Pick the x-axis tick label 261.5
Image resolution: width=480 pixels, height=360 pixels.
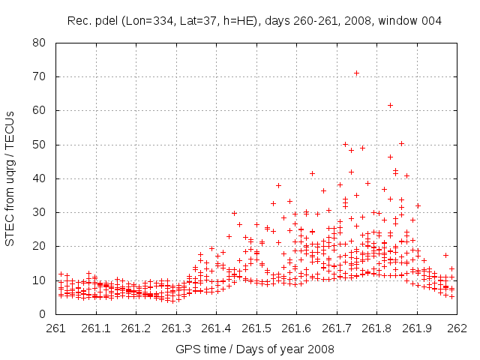point(256,328)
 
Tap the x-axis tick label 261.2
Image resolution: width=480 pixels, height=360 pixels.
point(136,328)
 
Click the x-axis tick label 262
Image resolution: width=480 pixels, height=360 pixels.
point(457,328)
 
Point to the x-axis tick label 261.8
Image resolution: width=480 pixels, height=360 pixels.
point(376,328)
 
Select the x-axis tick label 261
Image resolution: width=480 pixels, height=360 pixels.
point(56,328)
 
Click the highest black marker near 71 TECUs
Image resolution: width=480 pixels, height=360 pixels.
point(356,73)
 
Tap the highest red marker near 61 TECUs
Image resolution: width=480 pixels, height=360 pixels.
point(391,105)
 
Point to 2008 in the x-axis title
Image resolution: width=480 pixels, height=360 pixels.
point(319,349)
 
